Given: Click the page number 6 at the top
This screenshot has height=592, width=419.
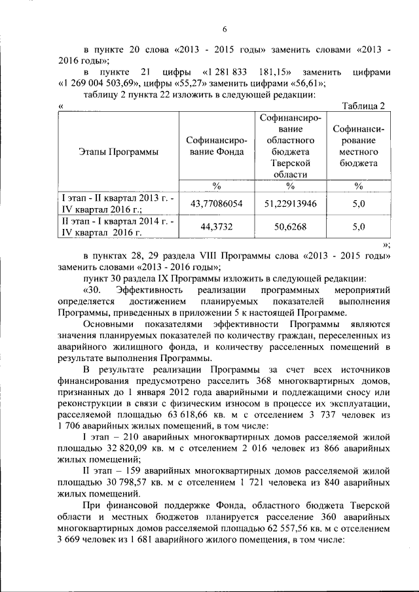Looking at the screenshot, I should click(x=224, y=29).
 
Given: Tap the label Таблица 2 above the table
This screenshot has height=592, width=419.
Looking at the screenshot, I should click(x=364, y=107).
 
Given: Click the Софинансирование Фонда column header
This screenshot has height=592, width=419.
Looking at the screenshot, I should click(x=216, y=146).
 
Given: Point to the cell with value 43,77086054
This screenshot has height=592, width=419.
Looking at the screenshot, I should click(x=216, y=204).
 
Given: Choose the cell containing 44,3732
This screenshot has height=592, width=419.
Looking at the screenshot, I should click(x=216, y=228).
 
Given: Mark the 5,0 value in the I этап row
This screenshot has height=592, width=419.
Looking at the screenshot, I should click(x=358, y=204).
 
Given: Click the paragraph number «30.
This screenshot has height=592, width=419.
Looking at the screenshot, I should click(x=93, y=289).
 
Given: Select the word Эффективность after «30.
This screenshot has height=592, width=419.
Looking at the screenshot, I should click(x=146, y=289).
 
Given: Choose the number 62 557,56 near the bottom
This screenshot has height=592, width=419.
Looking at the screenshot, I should click(x=297, y=529).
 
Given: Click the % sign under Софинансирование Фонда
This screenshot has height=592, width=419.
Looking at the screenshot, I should click(x=216, y=186).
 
